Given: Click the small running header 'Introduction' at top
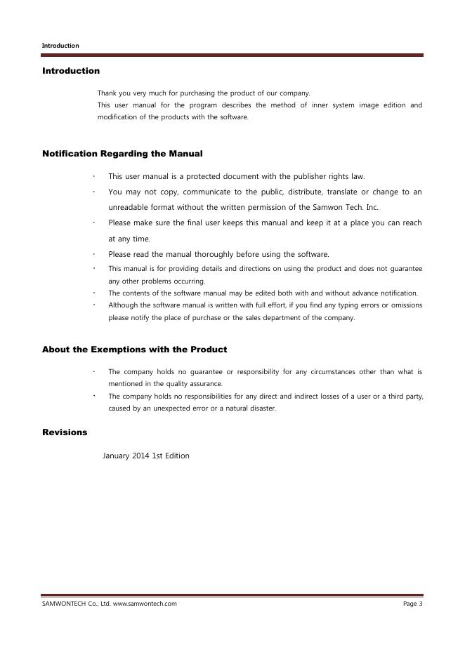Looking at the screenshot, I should point(60,46).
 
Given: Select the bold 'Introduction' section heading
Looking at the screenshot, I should point(71,71).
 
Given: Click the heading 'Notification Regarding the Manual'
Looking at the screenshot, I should point(122,153).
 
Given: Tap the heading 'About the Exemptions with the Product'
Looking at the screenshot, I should point(134,349).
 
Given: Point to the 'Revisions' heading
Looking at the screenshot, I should point(65,432).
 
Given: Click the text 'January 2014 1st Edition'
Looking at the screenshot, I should point(146,456).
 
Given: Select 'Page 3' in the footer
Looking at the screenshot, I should point(412,604).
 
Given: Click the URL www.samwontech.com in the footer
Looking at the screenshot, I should point(145,604).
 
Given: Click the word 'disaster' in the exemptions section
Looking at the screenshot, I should point(261,409).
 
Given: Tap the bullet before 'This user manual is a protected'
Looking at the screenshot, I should point(93,176).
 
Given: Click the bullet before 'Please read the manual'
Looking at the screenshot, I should point(93,254).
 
